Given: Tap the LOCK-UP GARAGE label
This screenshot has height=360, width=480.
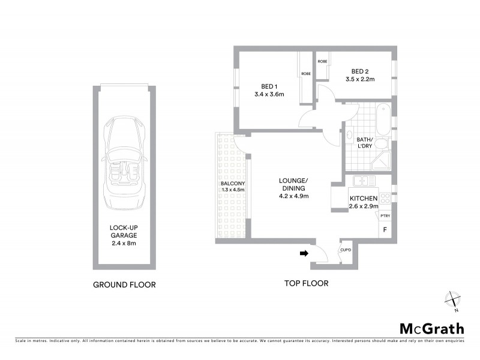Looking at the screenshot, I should tap(124, 232).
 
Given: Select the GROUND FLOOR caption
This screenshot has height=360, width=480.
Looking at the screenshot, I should tap(124, 284).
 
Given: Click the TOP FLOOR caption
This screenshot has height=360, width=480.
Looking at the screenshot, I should tap(306, 283).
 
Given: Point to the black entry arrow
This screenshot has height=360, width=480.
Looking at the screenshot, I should tap(304, 254).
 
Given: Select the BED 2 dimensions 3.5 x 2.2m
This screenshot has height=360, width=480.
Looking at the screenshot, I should tap(359, 79).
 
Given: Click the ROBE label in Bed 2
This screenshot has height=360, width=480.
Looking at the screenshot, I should tap(322, 61).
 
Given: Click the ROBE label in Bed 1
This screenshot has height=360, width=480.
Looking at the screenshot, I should tap(306, 74).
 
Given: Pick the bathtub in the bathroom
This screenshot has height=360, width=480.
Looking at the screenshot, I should tap(382, 119).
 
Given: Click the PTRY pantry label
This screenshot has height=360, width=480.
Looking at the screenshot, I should tap(385, 216).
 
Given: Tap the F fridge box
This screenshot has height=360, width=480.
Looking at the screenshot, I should tap(385, 229).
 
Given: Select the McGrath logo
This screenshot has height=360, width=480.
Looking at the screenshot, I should tap(431, 328).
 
